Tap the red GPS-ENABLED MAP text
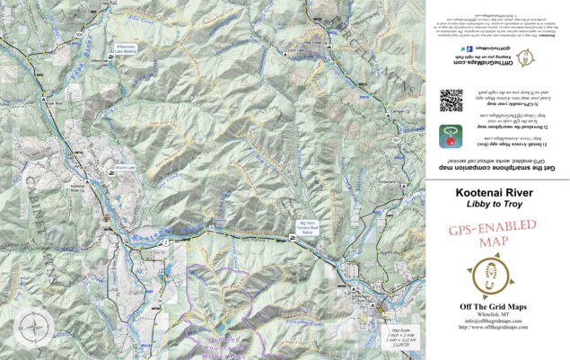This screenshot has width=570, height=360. pyautogui.click(x=494, y=233)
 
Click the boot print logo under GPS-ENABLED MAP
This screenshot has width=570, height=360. pyautogui.click(x=494, y=277)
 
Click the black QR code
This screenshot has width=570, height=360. pyautogui.click(x=452, y=99)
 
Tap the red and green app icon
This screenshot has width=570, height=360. pyautogui.click(x=450, y=136)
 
